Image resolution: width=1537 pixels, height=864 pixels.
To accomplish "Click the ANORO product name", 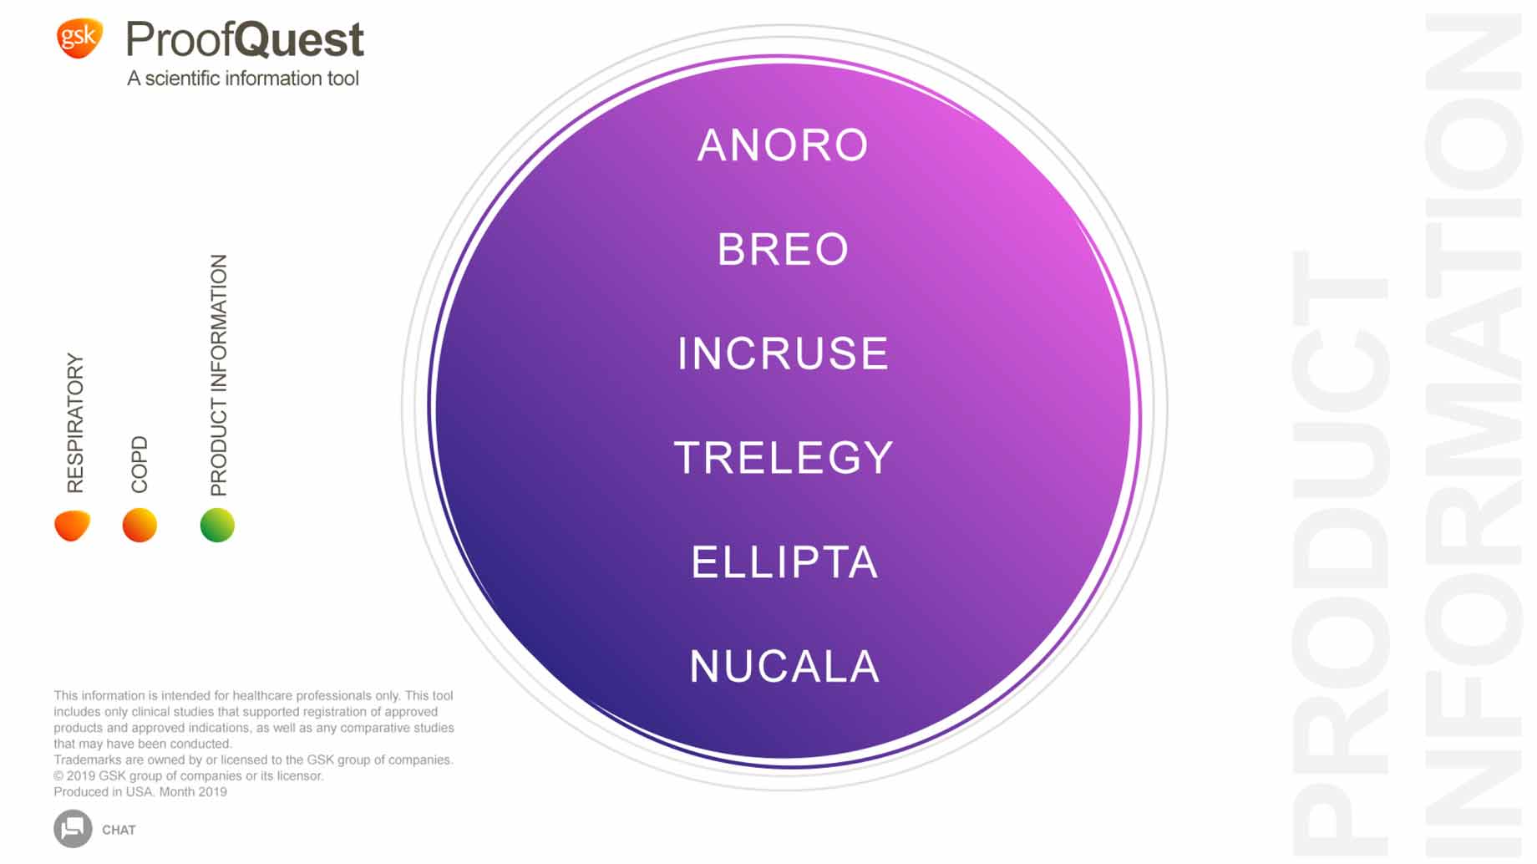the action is pos(783,145).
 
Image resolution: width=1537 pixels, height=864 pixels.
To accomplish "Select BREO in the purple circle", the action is pos(783,249).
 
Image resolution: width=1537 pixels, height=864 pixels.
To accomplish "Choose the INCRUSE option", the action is pos(783,353).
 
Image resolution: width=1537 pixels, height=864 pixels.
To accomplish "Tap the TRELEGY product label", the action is pos(784,458).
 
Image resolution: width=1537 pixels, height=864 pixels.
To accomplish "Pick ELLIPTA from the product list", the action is pos(784,562).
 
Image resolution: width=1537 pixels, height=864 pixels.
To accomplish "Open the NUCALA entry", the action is pos(784,667).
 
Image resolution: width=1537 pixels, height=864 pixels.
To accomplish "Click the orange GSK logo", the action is pos(79,38).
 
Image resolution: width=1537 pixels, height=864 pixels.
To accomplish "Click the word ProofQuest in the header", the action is pos(245,39).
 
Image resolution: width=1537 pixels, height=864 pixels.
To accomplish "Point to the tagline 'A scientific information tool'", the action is pos(243,79).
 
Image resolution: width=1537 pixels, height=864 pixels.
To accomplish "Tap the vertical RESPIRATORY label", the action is pos(75,423).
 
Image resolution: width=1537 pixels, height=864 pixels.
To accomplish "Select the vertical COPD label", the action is pos(139,465).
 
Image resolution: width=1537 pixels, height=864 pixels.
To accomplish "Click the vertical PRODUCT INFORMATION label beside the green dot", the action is pos(218,375).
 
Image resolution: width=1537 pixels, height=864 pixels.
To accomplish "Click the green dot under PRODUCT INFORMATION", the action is pos(217,526).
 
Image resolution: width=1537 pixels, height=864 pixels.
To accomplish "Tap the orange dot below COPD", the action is pos(139,526).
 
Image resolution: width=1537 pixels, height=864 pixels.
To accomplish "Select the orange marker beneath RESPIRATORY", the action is pos(72,526).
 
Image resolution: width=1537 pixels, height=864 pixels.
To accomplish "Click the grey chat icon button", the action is pos(73,829).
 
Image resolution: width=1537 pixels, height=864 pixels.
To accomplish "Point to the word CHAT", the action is pos(119,830).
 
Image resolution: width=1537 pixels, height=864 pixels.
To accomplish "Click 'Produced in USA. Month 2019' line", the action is pos(140,792).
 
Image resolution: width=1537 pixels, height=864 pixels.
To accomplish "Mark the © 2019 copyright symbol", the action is pos(58,776).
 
